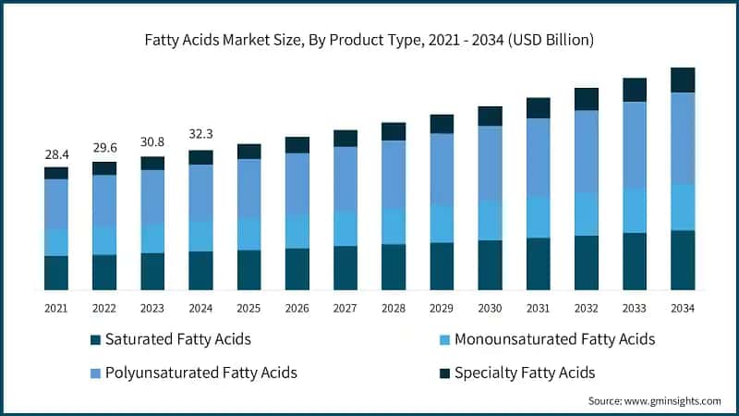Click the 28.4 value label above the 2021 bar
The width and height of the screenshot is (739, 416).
pyautogui.click(x=56, y=154)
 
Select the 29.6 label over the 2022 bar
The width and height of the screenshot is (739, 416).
pyautogui.click(x=104, y=149)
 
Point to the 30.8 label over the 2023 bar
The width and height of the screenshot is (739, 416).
pyautogui.click(x=152, y=143)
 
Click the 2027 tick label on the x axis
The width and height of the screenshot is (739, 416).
pyautogui.click(x=345, y=307)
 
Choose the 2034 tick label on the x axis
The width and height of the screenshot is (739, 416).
pyautogui.click(x=683, y=307)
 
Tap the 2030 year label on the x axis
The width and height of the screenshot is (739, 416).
pyautogui.click(x=490, y=307)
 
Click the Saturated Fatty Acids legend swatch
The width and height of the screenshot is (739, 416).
pyautogui.click(x=95, y=340)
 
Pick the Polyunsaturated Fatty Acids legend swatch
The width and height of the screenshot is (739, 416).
pyautogui.click(x=95, y=373)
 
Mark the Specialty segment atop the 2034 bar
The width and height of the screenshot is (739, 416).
pyautogui.click(x=683, y=80)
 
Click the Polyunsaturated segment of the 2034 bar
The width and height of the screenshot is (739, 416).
pyautogui.click(x=683, y=139)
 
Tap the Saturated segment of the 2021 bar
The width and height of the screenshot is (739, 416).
pyautogui.click(x=56, y=273)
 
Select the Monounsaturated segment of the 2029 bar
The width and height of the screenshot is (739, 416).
pyautogui.click(x=442, y=224)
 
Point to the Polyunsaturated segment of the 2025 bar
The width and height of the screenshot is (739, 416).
pyautogui.click(x=248, y=189)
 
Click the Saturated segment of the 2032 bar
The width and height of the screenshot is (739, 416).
pyautogui.click(x=587, y=263)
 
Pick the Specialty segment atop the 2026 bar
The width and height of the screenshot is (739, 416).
pyautogui.click(x=297, y=145)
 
